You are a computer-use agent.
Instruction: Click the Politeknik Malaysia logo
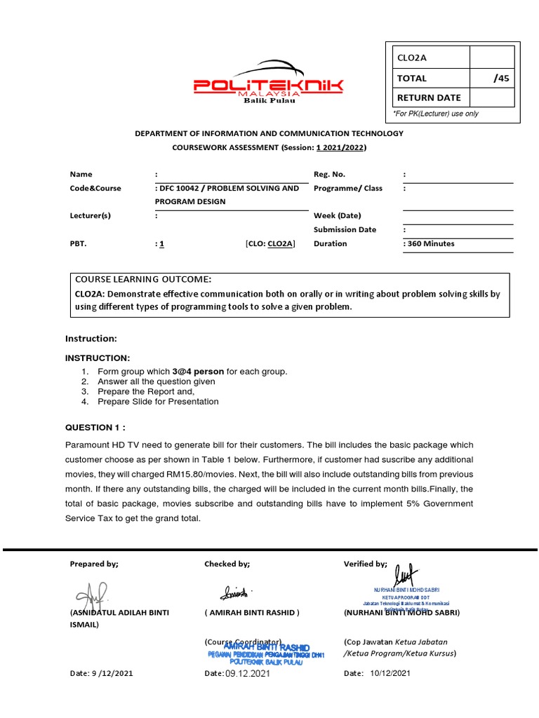(x=269, y=85)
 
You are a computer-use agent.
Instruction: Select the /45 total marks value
(x=501, y=79)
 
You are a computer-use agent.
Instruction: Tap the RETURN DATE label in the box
(x=430, y=97)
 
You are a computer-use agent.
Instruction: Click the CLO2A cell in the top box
(x=412, y=59)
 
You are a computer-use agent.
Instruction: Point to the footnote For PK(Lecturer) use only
(x=435, y=114)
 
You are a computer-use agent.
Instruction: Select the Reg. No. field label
(x=329, y=174)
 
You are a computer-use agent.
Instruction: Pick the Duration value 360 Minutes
(x=429, y=244)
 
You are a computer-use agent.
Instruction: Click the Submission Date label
(x=345, y=229)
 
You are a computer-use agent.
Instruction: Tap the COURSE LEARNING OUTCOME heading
(x=142, y=279)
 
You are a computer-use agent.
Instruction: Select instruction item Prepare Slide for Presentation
(x=158, y=402)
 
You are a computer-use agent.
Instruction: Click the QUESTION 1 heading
(x=95, y=427)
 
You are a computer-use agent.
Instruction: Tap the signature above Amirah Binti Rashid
(x=237, y=593)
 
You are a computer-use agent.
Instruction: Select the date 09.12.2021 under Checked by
(x=248, y=673)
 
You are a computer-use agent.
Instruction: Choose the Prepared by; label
(x=94, y=564)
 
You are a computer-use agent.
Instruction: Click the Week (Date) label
(x=337, y=216)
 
